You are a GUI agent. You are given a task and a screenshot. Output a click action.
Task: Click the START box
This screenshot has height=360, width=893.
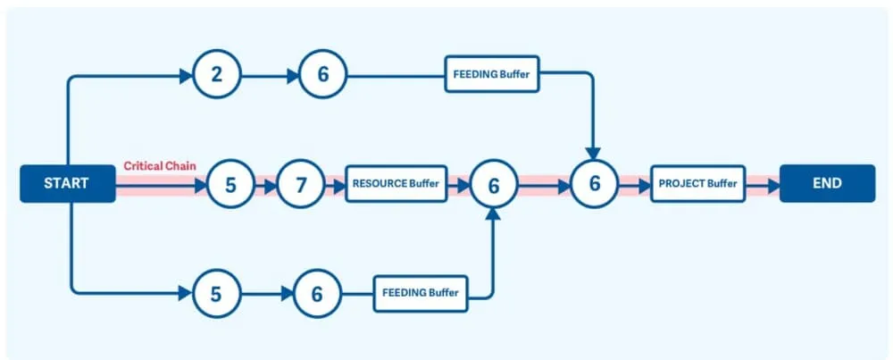click(67, 184)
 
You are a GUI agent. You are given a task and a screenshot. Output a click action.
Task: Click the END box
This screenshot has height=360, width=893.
click(827, 184)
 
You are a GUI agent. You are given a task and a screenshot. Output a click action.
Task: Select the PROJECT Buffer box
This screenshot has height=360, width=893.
click(697, 184)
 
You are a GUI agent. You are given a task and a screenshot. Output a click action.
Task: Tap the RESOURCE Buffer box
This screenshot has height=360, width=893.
click(396, 184)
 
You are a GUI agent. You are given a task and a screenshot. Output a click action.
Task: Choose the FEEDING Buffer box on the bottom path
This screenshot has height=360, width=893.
click(420, 292)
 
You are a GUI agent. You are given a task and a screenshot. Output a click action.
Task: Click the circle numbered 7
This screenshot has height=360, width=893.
click(301, 185)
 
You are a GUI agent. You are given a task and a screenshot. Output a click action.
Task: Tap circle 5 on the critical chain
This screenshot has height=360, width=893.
click(230, 185)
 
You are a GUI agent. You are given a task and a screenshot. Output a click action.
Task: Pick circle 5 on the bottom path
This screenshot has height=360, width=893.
click(217, 292)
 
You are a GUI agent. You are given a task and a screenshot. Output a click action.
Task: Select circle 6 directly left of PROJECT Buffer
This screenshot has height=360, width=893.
click(594, 185)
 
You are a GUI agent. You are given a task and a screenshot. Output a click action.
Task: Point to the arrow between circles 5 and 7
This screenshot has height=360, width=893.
click(266, 185)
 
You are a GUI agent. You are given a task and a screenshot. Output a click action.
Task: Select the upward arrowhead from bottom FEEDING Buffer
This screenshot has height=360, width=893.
click(492, 216)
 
